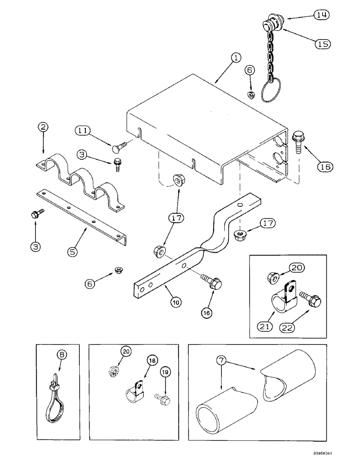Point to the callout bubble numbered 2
[x=43, y=127]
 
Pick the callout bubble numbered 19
[x=164, y=371]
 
